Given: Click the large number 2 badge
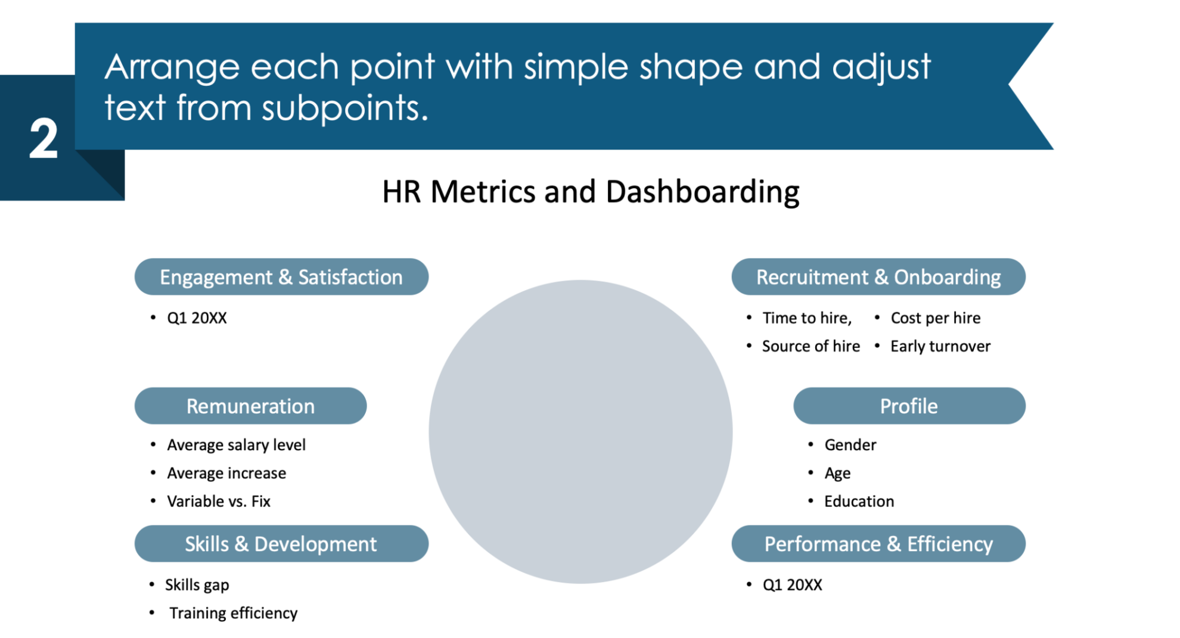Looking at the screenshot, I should pos(44,138).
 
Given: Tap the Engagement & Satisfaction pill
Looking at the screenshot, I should pos(281,277).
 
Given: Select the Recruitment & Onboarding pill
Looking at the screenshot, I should pos(878,277).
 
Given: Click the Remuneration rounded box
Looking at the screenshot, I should pos(250,406).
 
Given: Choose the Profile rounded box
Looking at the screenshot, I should pos(909,406).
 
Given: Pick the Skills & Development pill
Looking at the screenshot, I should pos(281,544).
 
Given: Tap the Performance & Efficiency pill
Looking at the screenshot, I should pos(878,544).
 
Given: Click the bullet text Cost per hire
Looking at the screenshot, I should pos(935,318).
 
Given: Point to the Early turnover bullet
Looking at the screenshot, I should pos(940,346).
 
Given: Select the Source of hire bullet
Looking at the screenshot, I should pos(811,346).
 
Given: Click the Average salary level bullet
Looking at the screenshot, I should pos(236,445).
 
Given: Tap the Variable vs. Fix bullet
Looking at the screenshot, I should pos(218,502).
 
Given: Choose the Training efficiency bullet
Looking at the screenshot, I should pos(233,613).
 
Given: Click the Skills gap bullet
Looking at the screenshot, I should pos(197,585).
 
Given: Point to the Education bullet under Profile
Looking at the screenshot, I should pos(859,502).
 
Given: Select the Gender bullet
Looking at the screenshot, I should pos(850,445).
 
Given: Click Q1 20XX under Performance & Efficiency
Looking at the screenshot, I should pos(792,585).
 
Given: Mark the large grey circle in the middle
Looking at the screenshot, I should pos(580,432).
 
